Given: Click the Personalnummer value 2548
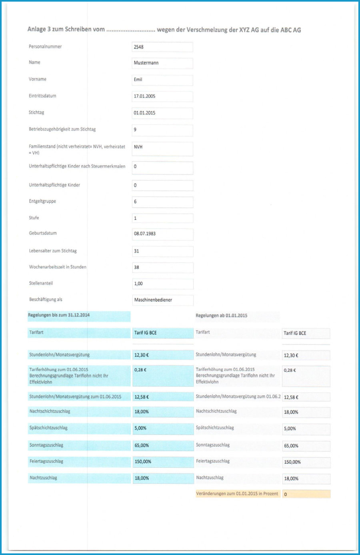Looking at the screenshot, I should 162,47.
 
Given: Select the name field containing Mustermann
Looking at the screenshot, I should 162,63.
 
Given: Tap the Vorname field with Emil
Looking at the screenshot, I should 162,80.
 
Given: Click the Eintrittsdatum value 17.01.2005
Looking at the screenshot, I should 162,96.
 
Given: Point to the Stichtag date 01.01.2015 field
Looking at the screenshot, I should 162,113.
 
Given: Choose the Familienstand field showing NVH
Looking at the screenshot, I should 162,148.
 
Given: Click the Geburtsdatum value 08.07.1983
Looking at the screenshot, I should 162,234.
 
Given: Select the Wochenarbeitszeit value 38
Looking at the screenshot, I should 162,267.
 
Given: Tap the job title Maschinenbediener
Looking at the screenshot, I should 162,300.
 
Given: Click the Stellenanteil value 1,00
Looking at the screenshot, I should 162,284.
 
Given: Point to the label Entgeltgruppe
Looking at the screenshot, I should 42,201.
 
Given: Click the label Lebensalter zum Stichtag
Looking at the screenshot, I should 53,251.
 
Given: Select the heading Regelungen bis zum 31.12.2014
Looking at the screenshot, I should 59,315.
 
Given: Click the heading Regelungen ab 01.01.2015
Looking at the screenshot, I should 221,316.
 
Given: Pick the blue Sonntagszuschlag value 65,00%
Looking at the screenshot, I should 162,445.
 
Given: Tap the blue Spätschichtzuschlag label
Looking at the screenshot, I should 48,428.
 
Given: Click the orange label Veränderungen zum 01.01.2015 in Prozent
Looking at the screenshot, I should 237,494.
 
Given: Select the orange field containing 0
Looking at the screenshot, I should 306,494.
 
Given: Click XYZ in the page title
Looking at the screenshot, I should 244,30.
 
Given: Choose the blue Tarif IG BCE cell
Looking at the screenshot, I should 162,333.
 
